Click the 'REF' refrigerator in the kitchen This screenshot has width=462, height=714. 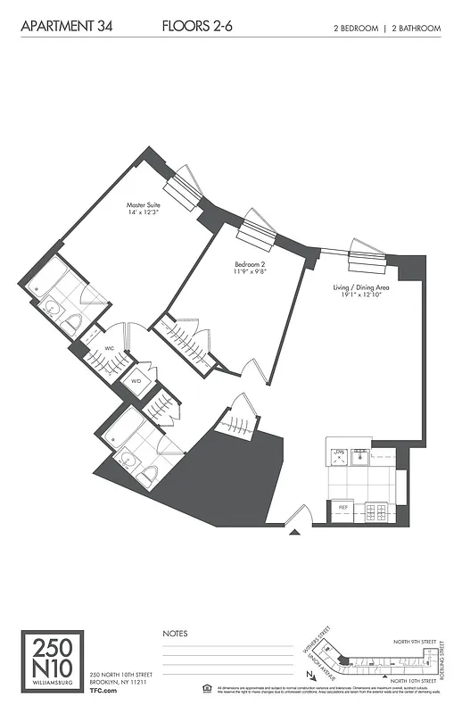[x=342, y=507]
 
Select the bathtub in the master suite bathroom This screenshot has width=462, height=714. [x=44, y=274]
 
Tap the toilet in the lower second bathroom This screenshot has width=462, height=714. [x=149, y=473]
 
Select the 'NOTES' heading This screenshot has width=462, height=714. [x=175, y=633]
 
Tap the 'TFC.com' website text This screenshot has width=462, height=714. [x=105, y=690]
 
